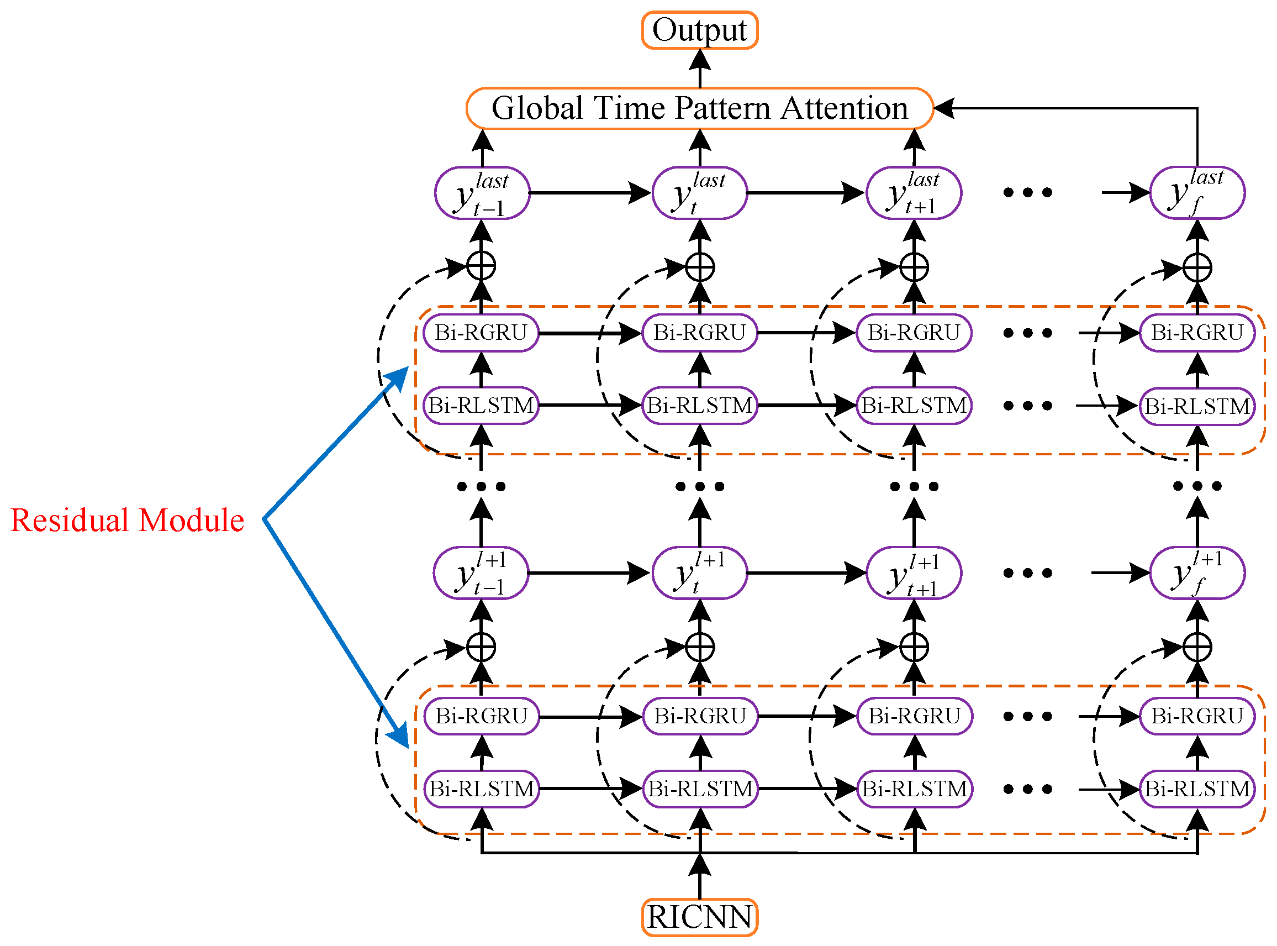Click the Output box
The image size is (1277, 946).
[699, 30]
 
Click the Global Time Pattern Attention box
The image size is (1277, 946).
[699, 108]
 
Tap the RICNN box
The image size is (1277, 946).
[699, 917]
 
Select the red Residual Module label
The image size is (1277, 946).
[127, 520]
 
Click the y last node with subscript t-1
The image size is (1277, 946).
[482, 193]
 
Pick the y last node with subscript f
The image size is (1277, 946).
[1197, 193]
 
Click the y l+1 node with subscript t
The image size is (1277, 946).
[699, 573]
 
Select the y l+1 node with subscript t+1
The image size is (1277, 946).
[914, 573]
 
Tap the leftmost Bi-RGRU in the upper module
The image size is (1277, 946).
[481, 333]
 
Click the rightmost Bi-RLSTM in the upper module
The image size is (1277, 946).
[1197, 406]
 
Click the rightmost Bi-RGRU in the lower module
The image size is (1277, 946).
[1197, 716]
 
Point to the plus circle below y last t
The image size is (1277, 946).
[699, 267]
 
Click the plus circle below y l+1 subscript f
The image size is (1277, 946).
[1197, 648]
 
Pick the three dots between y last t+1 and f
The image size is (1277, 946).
[1027, 193]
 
